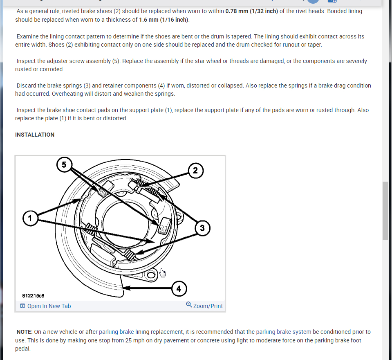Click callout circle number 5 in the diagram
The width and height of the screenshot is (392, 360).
click(63, 164)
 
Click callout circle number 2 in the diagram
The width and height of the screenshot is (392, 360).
click(195, 170)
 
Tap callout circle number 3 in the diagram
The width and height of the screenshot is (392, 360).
click(202, 227)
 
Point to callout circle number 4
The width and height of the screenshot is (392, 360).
click(179, 289)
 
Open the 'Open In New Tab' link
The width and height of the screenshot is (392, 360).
click(49, 306)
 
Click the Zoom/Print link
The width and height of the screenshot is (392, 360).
click(208, 306)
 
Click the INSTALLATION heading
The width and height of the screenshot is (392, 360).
click(35, 135)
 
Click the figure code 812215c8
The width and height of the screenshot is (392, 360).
click(33, 295)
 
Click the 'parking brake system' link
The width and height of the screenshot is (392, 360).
click(284, 332)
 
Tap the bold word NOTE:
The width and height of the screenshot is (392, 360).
click(25, 332)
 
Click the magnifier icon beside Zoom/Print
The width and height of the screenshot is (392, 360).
click(189, 305)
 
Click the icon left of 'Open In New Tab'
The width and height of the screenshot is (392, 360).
click(22, 306)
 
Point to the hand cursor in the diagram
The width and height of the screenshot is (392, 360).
click(163, 272)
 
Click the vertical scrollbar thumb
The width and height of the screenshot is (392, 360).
click(385, 211)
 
